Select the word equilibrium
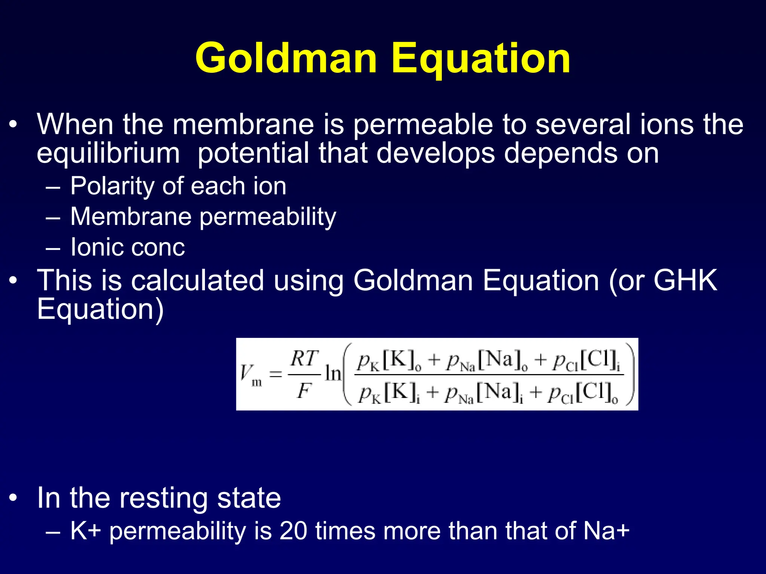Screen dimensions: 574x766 (x=108, y=154)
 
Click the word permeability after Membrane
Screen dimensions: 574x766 (x=267, y=217)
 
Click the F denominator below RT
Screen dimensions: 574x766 (x=304, y=391)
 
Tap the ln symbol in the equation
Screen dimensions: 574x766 (x=333, y=373)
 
